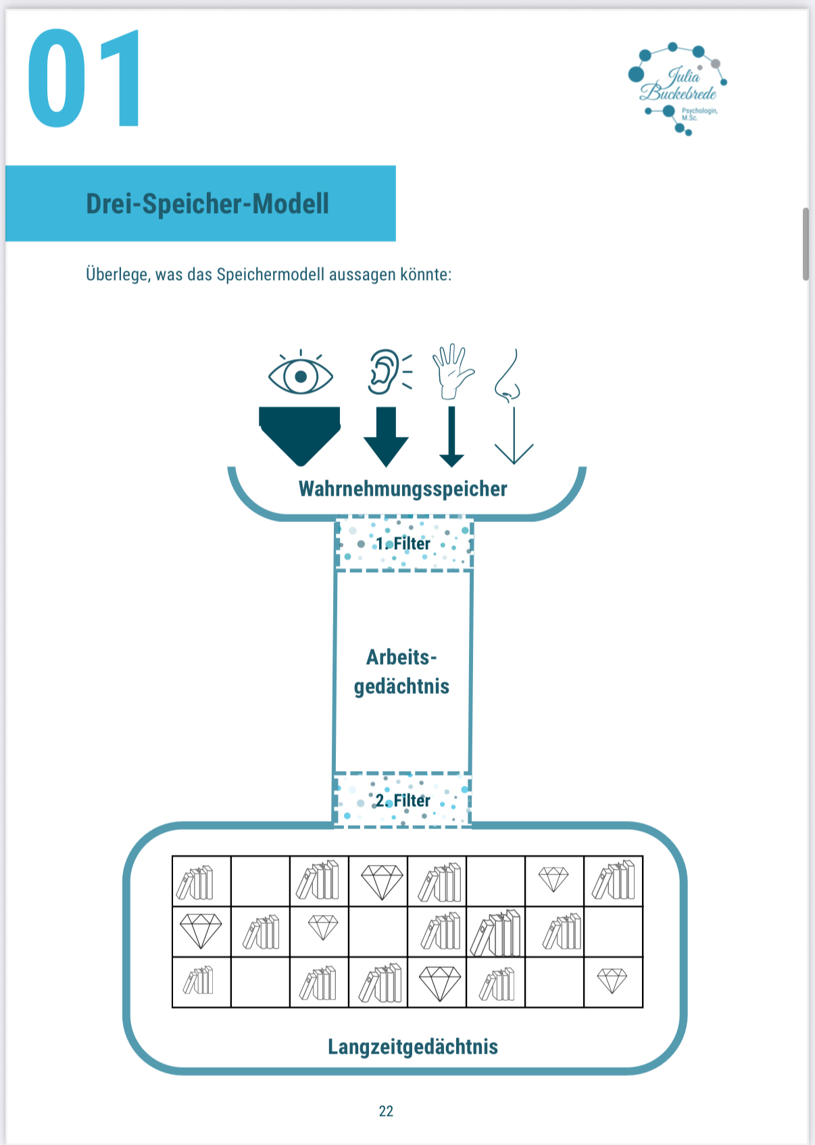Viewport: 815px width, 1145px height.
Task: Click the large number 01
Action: pyautogui.click(x=84, y=79)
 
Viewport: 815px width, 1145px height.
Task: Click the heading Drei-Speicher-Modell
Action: pyautogui.click(x=207, y=204)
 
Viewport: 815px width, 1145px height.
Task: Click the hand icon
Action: pyautogui.click(x=451, y=371)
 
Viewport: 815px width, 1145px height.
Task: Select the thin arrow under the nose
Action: pyautogui.click(x=514, y=436)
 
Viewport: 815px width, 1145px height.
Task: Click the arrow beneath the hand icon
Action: pyautogui.click(x=451, y=436)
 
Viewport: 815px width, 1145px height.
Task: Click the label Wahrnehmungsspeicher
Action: pyautogui.click(x=403, y=489)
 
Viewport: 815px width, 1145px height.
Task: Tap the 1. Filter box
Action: pyautogui.click(x=403, y=544)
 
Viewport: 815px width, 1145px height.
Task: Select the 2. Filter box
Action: pyautogui.click(x=403, y=800)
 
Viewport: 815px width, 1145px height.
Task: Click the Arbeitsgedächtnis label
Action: pyautogui.click(x=402, y=672)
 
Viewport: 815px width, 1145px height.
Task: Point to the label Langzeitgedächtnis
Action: pyautogui.click(x=413, y=1047)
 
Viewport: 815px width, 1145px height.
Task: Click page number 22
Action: pyautogui.click(x=386, y=1111)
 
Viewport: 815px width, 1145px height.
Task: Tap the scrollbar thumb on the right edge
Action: pyautogui.click(x=806, y=243)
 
